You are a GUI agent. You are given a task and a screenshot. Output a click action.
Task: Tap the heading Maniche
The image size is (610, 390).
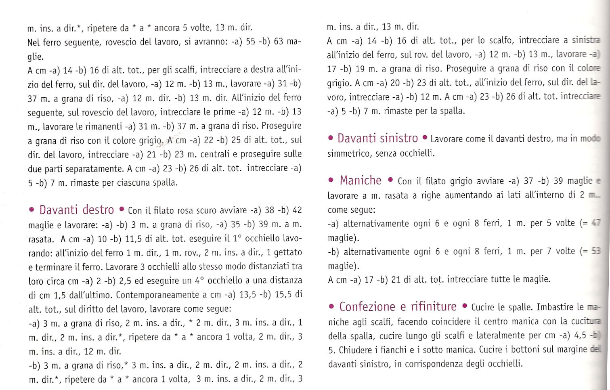tap(360, 180)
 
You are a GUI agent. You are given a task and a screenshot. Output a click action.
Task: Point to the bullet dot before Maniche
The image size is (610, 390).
tap(331, 180)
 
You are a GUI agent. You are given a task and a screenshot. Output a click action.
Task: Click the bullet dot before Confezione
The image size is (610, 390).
tap(331, 307)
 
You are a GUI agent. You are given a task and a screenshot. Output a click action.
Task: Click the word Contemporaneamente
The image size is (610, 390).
tap(161, 295)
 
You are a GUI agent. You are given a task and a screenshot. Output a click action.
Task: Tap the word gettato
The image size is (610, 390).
tap(287, 253)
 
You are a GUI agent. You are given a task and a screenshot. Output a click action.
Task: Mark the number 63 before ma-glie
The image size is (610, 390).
tap(279, 42)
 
